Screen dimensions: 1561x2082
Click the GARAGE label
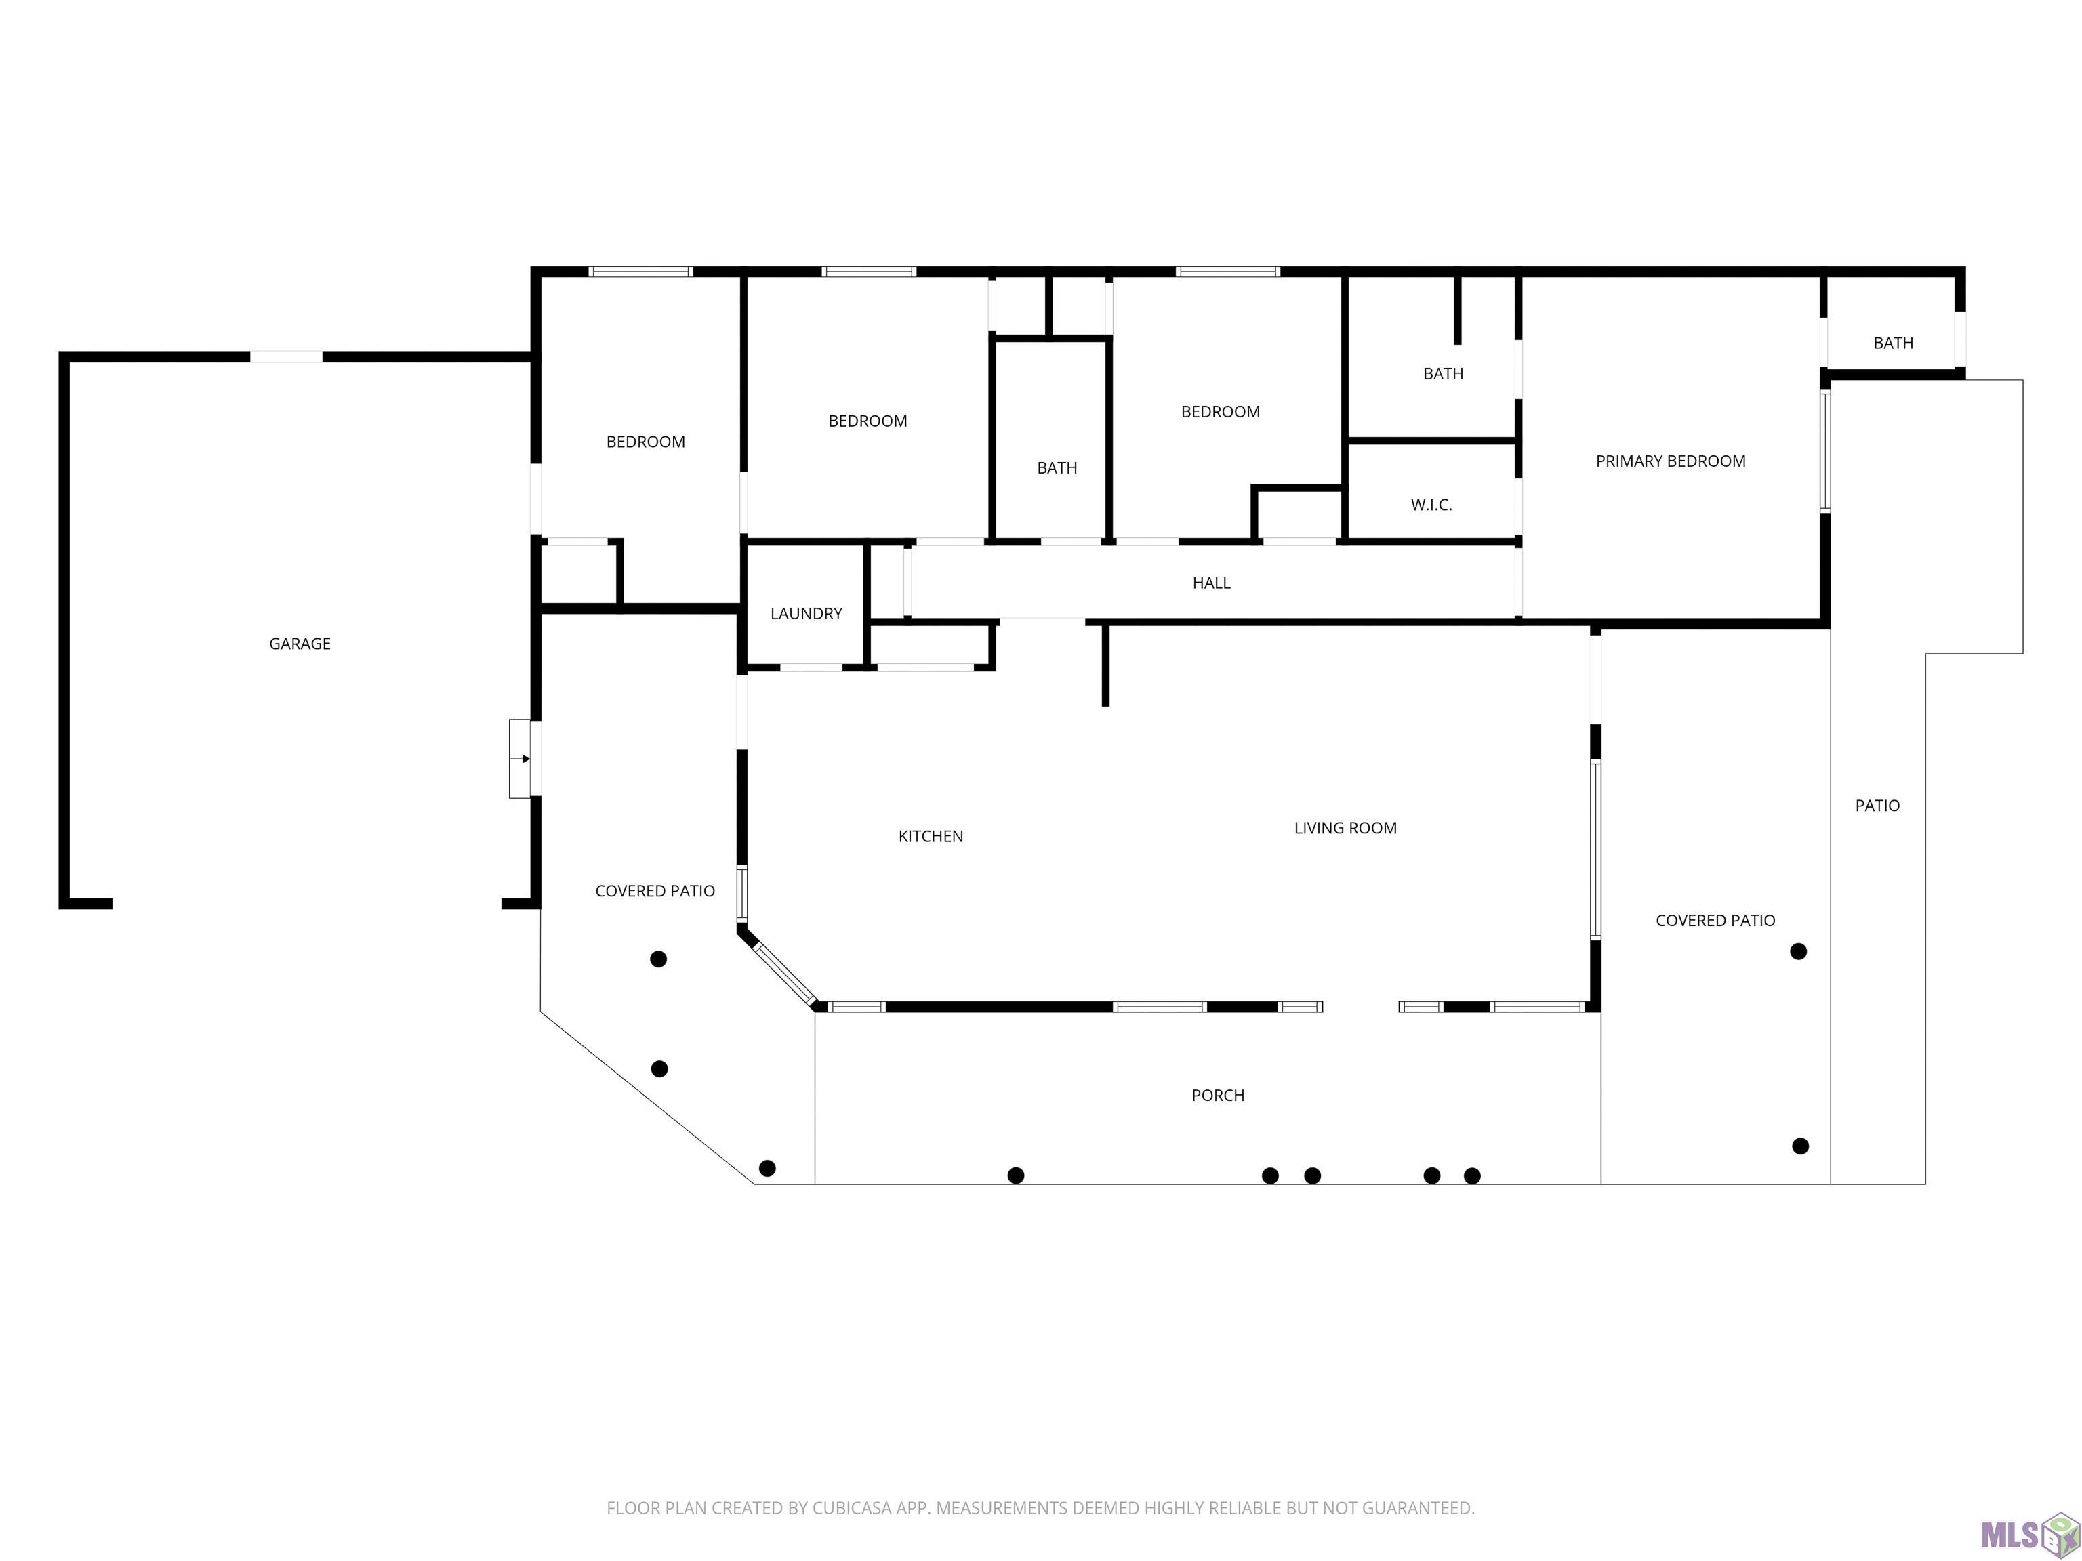[x=300, y=644]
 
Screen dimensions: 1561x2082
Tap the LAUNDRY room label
[x=806, y=613]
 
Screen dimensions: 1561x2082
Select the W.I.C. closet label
[x=1431, y=505]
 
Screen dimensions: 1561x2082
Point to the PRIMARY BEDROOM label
[x=1670, y=461]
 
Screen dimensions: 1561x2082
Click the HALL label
[x=1210, y=583]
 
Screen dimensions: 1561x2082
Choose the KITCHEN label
[x=930, y=837]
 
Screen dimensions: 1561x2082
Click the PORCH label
[x=1217, y=1096]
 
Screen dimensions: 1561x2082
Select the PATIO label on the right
[x=1877, y=806]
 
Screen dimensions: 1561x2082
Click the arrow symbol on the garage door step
[x=525, y=758]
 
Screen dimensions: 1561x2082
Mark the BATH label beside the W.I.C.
[x=1442, y=375]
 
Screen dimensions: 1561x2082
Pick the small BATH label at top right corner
[x=1893, y=344]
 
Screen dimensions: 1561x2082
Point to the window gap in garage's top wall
[x=286, y=356]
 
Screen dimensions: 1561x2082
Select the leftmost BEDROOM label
[x=645, y=442]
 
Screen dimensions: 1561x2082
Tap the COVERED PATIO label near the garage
[x=654, y=891]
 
